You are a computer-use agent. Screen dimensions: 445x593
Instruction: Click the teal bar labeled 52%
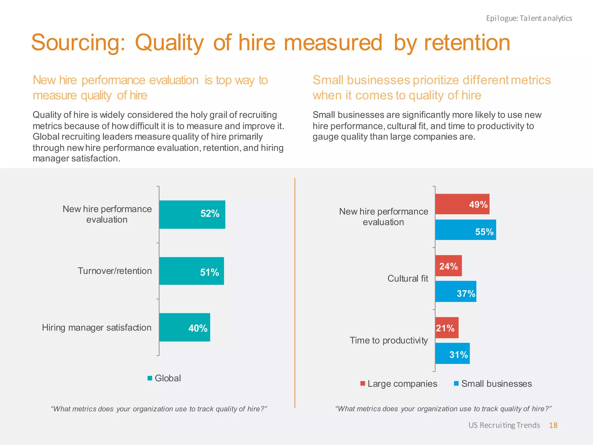click(x=192, y=214)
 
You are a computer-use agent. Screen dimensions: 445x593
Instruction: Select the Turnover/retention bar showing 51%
click(x=191, y=271)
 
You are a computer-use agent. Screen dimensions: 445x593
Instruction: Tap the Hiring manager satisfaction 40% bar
click(x=184, y=327)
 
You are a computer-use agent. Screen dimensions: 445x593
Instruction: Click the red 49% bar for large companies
click(x=462, y=204)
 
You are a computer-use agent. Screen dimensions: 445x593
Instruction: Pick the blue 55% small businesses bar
click(x=465, y=230)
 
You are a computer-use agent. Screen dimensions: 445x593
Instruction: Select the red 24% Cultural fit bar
click(x=449, y=266)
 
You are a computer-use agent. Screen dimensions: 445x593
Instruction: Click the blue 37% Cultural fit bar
click(x=456, y=291)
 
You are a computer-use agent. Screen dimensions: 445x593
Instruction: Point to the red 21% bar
click(x=447, y=328)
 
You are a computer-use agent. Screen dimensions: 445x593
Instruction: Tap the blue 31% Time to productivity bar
click(x=452, y=353)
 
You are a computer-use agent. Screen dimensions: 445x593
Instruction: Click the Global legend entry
click(x=164, y=378)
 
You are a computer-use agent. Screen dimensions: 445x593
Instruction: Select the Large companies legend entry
click(x=399, y=384)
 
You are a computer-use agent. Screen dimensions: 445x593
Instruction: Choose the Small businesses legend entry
click(x=493, y=384)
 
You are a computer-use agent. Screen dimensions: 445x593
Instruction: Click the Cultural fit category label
click(x=408, y=278)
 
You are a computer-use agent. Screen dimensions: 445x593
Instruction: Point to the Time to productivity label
click(x=389, y=340)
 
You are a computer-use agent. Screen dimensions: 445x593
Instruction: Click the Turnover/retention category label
click(x=115, y=271)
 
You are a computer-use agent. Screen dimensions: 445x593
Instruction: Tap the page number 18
click(x=553, y=425)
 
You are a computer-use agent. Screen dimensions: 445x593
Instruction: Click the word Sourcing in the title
click(x=78, y=43)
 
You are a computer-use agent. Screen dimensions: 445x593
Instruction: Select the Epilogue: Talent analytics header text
click(x=529, y=18)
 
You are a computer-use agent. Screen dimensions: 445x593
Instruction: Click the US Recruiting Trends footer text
click(x=504, y=425)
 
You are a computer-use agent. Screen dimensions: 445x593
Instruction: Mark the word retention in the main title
click(x=467, y=43)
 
